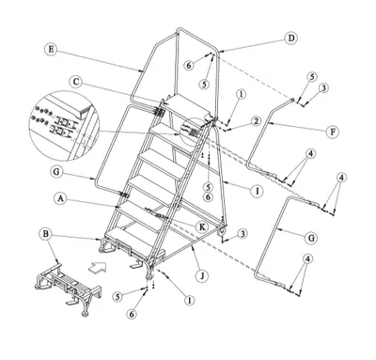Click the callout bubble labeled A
(61, 198)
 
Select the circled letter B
(46, 234)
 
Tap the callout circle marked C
(76, 82)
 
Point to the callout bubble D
(291, 39)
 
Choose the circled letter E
(51, 49)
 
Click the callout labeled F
(333, 132)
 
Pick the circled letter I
(258, 191)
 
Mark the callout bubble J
(202, 276)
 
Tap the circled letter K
(202, 227)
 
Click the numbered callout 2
(256, 121)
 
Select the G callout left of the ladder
(56, 172)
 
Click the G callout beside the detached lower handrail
(311, 238)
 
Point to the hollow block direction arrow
(98, 268)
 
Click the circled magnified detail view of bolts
(64, 126)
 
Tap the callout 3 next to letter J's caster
(242, 233)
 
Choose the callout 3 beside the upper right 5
(323, 88)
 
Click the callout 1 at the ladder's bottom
(189, 301)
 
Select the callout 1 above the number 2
(241, 94)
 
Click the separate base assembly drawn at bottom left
(68, 289)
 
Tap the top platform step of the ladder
(187, 106)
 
